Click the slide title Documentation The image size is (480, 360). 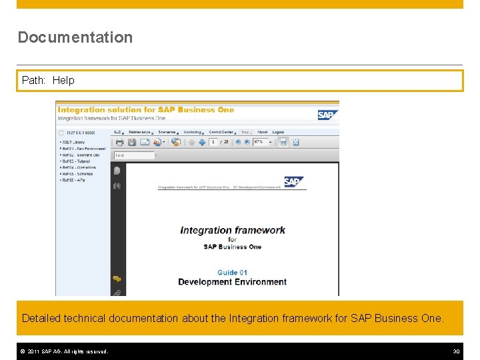pos(75,37)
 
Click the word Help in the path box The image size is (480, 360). pos(63,80)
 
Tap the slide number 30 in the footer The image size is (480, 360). pos(456,351)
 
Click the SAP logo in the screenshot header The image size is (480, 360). pos(327,115)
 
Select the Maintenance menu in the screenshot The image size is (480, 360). pos(140,132)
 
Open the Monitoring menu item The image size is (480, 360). pos(193,132)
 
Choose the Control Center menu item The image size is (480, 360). pos(221,132)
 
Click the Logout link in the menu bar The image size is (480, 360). pos(278,132)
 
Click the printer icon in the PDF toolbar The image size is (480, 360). pos(119,142)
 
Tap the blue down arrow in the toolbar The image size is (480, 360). pos(201,142)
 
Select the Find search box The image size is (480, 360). pos(133,155)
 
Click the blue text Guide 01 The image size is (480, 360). pos(232,272)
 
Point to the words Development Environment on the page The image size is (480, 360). pos(232,282)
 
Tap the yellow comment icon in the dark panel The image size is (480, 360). pos(117,279)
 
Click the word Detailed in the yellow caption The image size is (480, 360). pos(41,318)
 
